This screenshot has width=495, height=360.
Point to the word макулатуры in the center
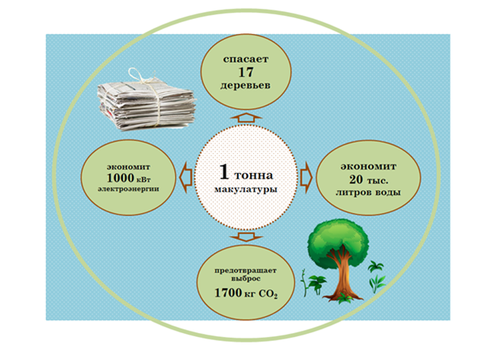coord(246,190)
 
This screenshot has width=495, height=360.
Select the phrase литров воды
coord(366,192)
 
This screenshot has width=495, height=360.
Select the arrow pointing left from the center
coord(183,170)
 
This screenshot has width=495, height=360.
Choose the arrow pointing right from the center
coord(306,171)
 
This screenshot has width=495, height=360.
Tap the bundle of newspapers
coord(146,102)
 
